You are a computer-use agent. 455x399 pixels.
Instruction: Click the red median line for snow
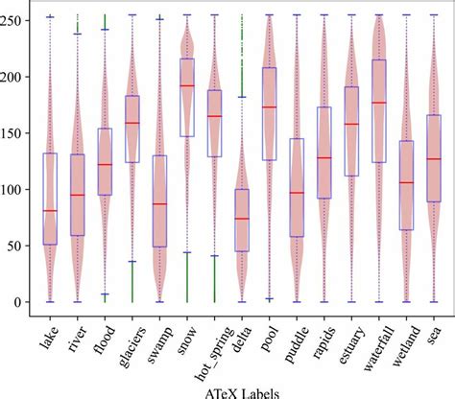tap(187, 85)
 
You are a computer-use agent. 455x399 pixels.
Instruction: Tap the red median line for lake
tap(49, 210)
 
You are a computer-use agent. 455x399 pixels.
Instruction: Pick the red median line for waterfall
tap(379, 103)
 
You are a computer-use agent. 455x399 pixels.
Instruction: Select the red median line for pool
tap(270, 106)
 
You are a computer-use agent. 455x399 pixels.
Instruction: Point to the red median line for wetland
tap(407, 182)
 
